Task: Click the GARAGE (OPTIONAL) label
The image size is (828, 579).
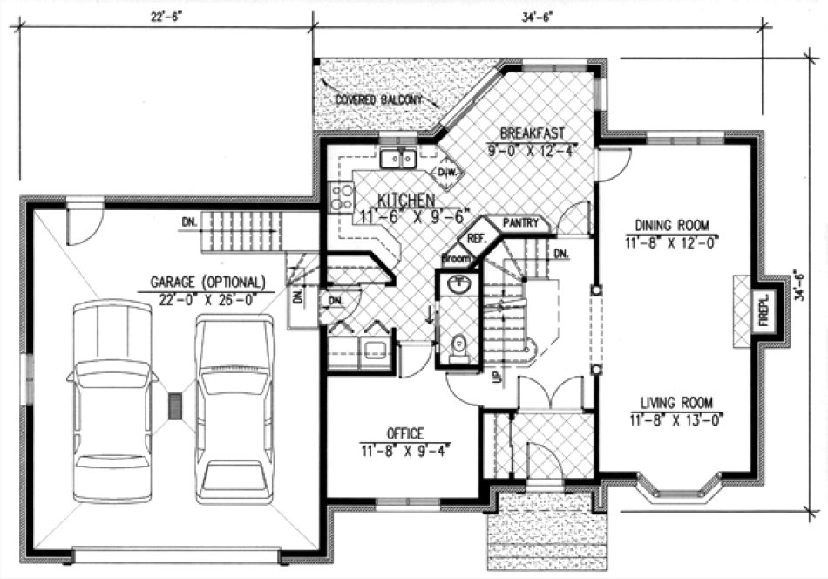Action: click(207, 283)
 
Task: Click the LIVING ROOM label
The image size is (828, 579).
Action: click(676, 403)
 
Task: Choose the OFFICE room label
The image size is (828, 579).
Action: click(405, 433)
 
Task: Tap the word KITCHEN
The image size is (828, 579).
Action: click(387, 199)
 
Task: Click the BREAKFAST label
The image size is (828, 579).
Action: click(532, 133)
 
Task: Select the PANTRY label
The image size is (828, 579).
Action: click(526, 224)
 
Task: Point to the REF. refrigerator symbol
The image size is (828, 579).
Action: click(477, 238)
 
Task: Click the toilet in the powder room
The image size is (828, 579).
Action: click(458, 347)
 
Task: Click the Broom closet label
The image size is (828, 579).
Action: click(456, 259)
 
